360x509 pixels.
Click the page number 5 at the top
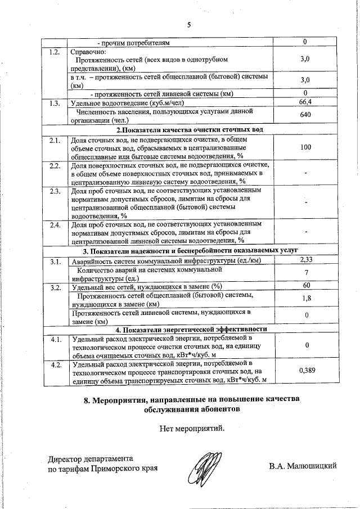189,24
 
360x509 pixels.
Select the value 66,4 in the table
305,102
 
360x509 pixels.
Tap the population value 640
305,115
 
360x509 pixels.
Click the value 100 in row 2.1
305,147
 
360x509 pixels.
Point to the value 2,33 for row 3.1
305,259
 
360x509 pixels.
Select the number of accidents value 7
305,273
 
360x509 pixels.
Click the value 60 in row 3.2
305,286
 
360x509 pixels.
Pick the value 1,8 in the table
305,299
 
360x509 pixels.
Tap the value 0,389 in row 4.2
305,370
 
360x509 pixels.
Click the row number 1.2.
55,52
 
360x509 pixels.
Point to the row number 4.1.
55,339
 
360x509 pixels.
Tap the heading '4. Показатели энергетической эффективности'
190,329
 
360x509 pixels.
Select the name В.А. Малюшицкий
303,466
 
